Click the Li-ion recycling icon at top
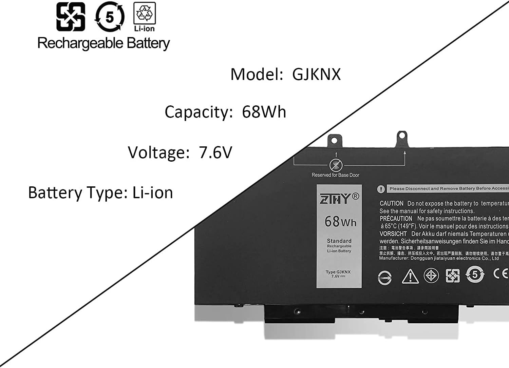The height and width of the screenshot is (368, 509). pyautogui.click(x=145, y=16)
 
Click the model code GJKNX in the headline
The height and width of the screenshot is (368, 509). pyautogui.click(x=316, y=74)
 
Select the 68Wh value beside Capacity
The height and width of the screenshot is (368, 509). pyautogui.click(x=264, y=112)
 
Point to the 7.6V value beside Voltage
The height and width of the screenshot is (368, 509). pyautogui.click(x=215, y=152)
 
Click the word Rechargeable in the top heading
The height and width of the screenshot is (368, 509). pyautogui.click(x=80, y=43)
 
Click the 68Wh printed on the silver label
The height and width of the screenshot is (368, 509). pyautogui.click(x=340, y=222)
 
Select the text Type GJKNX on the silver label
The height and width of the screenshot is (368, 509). pyautogui.click(x=338, y=272)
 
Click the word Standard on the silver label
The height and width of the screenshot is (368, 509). pyautogui.click(x=339, y=241)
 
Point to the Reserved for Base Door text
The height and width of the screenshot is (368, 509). pyautogui.click(x=335, y=175)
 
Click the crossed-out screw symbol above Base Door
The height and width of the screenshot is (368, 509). pyautogui.click(x=336, y=165)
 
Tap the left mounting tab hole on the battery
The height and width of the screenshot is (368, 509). pyautogui.click(x=334, y=139)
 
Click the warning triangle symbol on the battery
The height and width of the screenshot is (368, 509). pyautogui.click(x=410, y=276)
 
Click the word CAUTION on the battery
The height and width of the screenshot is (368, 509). pyautogui.click(x=391, y=203)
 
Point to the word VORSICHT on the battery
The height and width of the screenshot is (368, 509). pyautogui.click(x=393, y=234)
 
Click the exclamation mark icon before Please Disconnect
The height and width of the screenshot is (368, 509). pyautogui.click(x=381, y=189)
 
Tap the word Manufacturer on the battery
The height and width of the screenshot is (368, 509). pyautogui.click(x=394, y=258)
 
